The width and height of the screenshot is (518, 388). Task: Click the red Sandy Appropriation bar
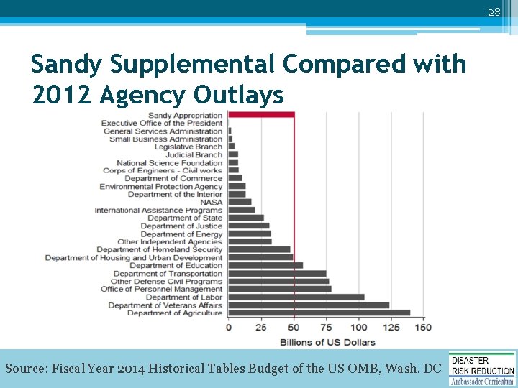[261, 115]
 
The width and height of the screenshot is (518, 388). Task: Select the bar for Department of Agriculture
[319, 313]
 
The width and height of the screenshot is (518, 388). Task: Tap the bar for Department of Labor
[296, 297]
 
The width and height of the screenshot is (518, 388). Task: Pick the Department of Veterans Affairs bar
[309, 305]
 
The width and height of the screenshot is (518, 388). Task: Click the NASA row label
[211, 202]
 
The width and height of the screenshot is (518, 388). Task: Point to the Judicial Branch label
[194, 154]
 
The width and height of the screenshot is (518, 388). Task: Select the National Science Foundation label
[170, 162]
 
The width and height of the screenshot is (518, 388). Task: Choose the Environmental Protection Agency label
[161, 186]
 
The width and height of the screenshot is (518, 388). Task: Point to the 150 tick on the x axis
[423, 328]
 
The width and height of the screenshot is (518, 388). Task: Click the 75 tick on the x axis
[326, 328]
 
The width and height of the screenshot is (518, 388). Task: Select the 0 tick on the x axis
[229, 328]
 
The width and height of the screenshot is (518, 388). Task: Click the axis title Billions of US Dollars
[327, 341]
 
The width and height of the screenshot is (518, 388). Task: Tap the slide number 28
[494, 12]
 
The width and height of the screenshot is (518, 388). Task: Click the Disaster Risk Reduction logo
[482, 368]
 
